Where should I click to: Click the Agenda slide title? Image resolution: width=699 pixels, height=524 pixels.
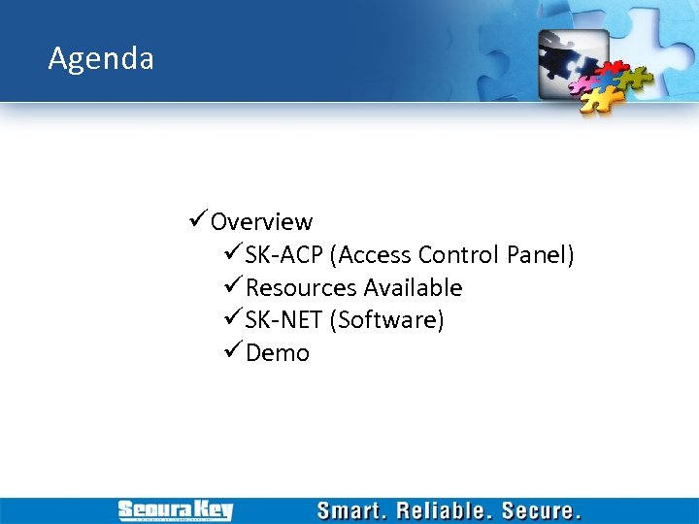point(101,59)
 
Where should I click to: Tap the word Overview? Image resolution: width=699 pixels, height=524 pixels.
point(261,222)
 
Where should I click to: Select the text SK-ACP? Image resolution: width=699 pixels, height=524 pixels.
point(284,255)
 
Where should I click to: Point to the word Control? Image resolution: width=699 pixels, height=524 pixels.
point(459,255)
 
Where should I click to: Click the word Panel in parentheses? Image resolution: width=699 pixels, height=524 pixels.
point(540,255)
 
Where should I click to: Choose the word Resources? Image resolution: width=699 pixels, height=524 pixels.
point(301,288)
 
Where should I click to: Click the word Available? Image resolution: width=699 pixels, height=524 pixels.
point(413,288)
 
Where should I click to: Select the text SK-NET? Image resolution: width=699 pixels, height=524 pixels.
point(284,320)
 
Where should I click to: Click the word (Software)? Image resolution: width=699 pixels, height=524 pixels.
point(386,320)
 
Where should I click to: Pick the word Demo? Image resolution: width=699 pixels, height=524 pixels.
point(278,353)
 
